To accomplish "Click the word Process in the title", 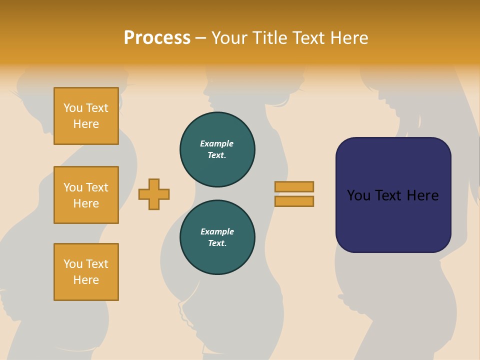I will coord(157,38).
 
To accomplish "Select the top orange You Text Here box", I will coord(86,116).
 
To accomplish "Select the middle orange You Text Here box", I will coord(86,195).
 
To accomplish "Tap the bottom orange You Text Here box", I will coord(86,272).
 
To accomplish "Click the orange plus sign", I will coord(154,194).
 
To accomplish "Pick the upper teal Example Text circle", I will coord(217,149).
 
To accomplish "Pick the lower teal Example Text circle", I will coord(217,237).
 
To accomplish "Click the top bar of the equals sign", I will coord(294,186).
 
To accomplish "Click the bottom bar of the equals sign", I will coord(294,201).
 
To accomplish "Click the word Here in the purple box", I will coord(422,195).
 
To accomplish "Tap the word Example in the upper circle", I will coord(217,143).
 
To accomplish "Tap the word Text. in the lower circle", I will coord(217,243).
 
